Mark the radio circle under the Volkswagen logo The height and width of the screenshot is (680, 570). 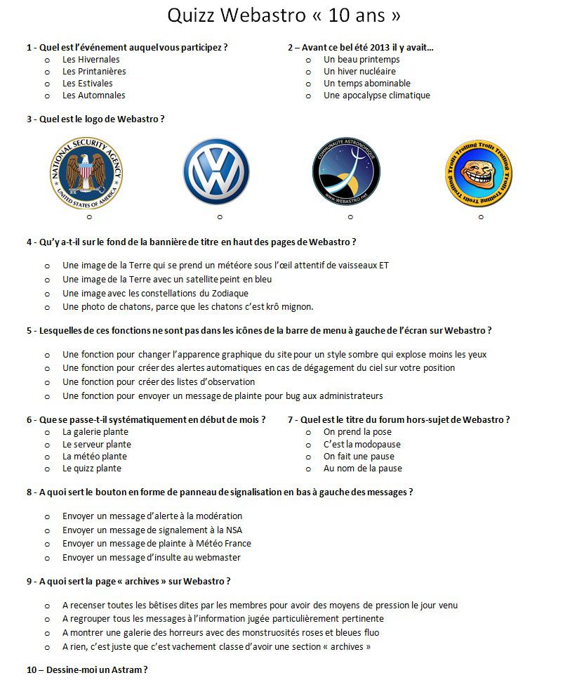click(220, 217)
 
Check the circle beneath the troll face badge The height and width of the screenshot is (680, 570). click(481, 217)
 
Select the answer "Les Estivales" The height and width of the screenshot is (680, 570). click(87, 84)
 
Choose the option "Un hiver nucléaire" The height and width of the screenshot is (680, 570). click(359, 72)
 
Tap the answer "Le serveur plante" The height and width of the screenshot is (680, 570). click(96, 445)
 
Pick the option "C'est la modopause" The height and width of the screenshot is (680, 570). click(362, 445)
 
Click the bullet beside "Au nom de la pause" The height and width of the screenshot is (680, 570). click(308, 469)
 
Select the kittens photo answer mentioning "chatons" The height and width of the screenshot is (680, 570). click(187, 307)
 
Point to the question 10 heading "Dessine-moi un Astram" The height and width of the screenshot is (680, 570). click(87, 670)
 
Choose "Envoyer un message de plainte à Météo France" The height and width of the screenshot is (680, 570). click(157, 544)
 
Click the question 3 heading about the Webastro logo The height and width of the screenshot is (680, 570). click(95, 119)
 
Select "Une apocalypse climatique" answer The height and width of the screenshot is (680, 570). click(376, 96)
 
